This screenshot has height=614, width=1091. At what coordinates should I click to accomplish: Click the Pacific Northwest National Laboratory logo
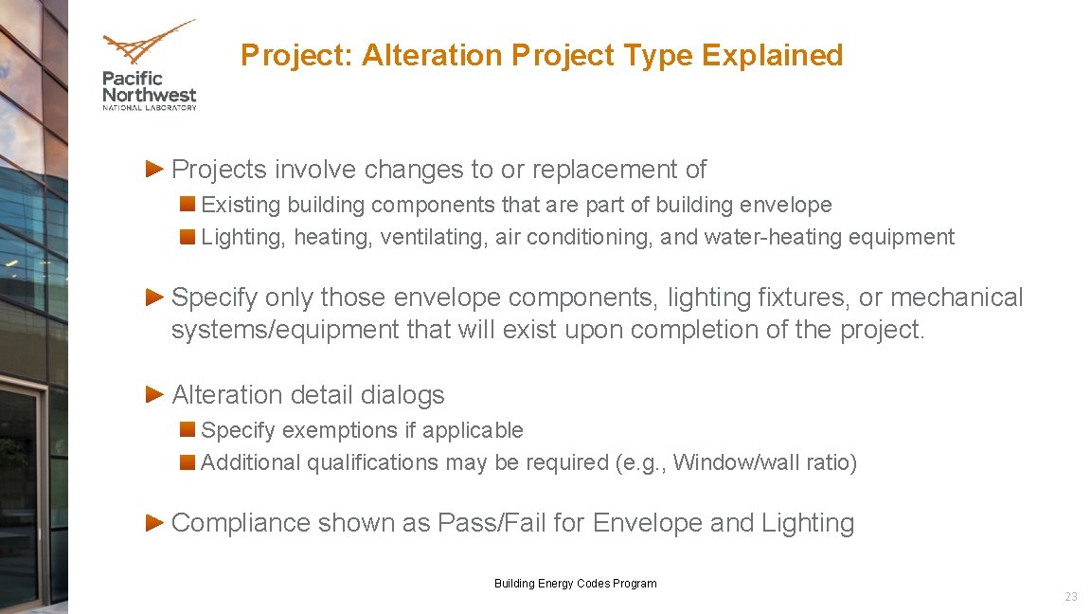pyautogui.click(x=149, y=64)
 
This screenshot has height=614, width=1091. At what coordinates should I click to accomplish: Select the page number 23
pyautogui.click(x=1070, y=597)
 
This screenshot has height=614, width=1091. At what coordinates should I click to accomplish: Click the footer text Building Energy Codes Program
pyautogui.click(x=575, y=584)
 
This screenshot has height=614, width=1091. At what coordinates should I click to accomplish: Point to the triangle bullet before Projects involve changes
pyautogui.click(x=156, y=169)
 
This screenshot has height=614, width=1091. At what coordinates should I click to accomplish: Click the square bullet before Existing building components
pyautogui.click(x=188, y=204)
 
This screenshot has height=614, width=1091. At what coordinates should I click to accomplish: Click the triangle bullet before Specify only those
pyautogui.click(x=156, y=297)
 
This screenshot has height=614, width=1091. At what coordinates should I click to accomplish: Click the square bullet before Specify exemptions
pyautogui.click(x=188, y=429)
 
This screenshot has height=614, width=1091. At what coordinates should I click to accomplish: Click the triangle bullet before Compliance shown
pyautogui.click(x=156, y=522)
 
